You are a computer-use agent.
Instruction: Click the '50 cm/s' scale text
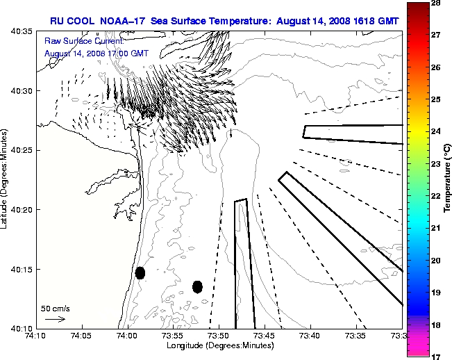[55, 308]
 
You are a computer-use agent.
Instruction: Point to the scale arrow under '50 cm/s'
[55, 319]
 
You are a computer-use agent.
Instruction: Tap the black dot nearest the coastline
[140, 272]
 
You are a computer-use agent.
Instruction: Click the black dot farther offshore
[197, 286]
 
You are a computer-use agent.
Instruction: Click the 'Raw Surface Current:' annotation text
[76, 42]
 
